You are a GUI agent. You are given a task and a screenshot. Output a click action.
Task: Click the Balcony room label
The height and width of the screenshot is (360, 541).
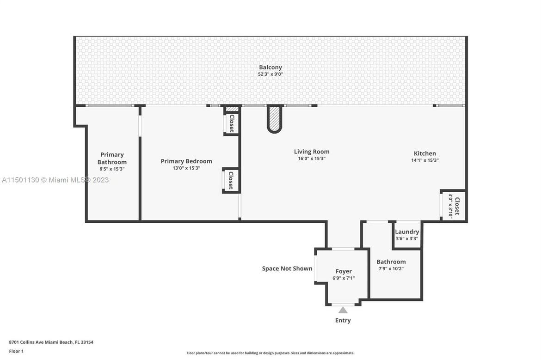(x=270, y=67)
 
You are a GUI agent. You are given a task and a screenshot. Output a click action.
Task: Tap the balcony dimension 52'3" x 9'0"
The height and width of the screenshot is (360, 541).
(x=270, y=74)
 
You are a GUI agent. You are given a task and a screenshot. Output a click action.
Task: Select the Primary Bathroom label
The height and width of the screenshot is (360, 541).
(x=112, y=158)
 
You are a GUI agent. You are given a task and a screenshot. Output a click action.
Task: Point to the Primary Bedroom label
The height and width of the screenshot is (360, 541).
(x=186, y=161)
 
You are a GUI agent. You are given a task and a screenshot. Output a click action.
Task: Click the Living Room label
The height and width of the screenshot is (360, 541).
(x=312, y=152)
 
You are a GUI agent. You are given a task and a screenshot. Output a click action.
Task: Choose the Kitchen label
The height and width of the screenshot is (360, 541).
(x=425, y=153)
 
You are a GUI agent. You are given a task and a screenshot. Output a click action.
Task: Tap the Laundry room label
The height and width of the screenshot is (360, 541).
(x=407, y=232)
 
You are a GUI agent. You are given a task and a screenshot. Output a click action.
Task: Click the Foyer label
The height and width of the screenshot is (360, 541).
(x=344, y=271)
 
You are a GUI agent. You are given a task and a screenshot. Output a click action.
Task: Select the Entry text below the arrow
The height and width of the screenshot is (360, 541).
(x=343, y=320)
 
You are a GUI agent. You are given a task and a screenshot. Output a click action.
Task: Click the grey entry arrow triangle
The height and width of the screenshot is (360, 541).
(x=343, y=310)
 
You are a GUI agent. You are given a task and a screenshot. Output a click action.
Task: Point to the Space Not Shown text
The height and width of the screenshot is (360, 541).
(x=287, y=268)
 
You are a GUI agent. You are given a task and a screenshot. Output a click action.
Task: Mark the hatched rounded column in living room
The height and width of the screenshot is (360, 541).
(x=275, y=119)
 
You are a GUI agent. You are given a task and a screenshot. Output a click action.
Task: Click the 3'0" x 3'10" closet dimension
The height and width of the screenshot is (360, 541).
(x=451, y=206)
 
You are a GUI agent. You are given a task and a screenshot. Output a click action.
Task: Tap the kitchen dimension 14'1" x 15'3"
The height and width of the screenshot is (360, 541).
(x=425, y=160)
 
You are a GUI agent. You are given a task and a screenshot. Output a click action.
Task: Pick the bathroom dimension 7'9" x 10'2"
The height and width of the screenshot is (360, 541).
(x=391, y=268)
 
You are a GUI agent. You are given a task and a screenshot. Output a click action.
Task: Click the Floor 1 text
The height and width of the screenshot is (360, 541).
(x=16, y=351)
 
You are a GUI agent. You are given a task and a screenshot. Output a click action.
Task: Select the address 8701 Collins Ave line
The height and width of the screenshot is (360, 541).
(x=51, y=342)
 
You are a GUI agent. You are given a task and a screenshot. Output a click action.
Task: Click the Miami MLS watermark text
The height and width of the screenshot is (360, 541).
(x=55, y=180)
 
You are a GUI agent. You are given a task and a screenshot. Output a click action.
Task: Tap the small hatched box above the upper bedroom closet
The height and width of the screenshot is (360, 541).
(x=232, y=110)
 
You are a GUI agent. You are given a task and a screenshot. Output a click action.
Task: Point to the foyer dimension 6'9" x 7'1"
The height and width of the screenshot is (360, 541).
(x=344, y=278)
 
